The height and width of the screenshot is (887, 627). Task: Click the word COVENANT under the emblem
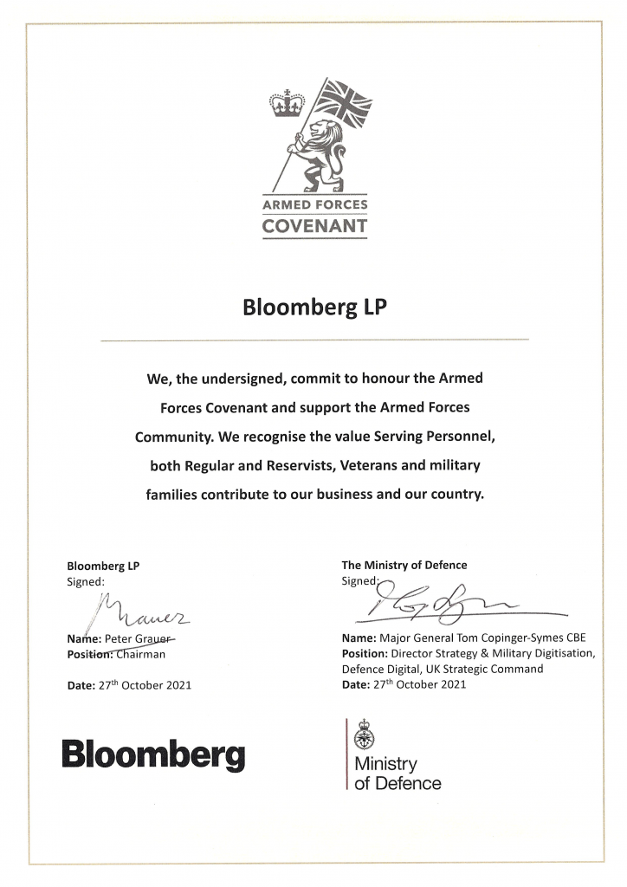[314, 227]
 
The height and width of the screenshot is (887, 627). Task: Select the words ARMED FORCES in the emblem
[314, 205]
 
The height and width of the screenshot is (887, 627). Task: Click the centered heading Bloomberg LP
[313, 308]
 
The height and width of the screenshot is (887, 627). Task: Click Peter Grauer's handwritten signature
[143, 613]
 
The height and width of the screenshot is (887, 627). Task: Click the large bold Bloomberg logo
[152, 754]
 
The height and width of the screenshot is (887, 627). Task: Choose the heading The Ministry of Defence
[404, 565]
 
